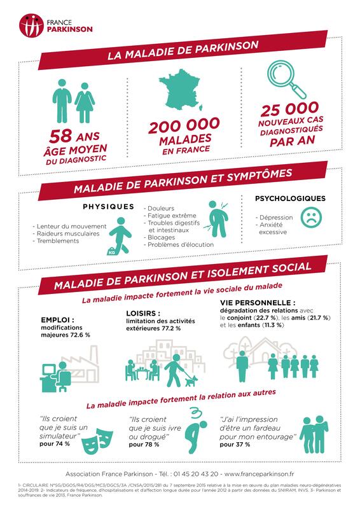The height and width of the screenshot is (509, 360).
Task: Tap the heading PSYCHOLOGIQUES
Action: [290, 198]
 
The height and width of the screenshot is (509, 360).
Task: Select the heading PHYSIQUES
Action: [108, 206]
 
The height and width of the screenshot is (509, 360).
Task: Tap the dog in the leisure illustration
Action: [189, 382]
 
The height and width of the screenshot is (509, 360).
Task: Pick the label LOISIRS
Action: [139, 312]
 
